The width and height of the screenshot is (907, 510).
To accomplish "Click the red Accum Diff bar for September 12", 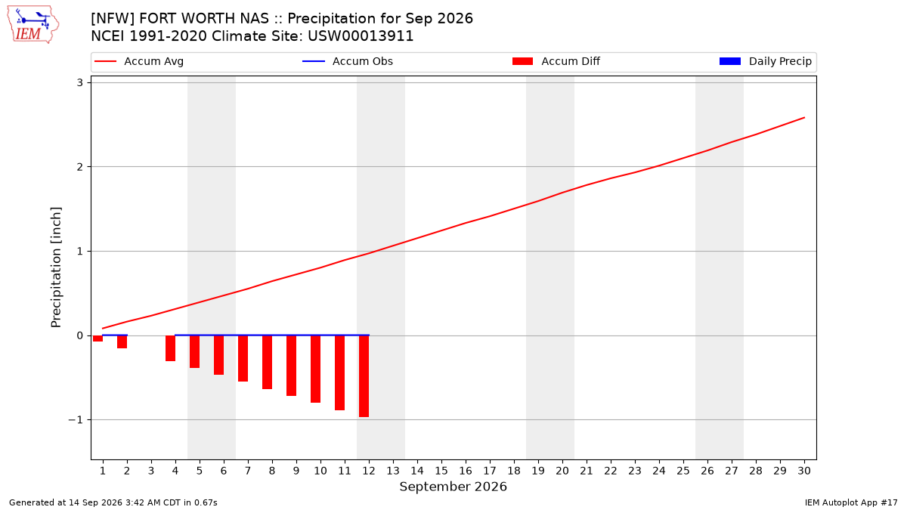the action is (364, 376).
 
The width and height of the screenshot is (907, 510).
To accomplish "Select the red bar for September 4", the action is (171, 348).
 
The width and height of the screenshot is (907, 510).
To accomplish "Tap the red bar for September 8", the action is (268, 362).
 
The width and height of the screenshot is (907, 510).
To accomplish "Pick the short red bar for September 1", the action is (98, 338).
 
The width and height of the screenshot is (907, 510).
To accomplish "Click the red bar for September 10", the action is (315, 369).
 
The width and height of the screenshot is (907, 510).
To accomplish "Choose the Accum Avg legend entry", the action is (139, 61).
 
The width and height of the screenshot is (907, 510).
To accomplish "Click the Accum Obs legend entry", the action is (348, 61).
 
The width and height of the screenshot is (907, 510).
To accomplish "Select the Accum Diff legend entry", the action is (556, 61).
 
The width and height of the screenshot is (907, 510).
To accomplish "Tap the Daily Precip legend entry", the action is (765, 61).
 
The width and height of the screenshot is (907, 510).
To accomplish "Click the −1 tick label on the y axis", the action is (76, 420).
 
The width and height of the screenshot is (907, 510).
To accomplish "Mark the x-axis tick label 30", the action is (804, 471).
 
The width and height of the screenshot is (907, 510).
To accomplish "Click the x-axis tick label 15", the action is (441, 471).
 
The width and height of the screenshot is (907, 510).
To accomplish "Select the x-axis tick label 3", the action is (151, 471).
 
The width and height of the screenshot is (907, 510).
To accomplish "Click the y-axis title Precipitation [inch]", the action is (56, 267).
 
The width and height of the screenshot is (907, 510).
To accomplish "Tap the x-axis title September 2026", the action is (453, 487).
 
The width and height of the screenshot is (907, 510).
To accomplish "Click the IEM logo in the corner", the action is (33, 25).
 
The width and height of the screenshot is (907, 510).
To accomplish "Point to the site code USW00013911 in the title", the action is (361, 36).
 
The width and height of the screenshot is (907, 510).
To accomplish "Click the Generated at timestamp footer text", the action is (113, 502).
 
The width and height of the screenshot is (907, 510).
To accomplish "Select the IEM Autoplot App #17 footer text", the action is (851, 502).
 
